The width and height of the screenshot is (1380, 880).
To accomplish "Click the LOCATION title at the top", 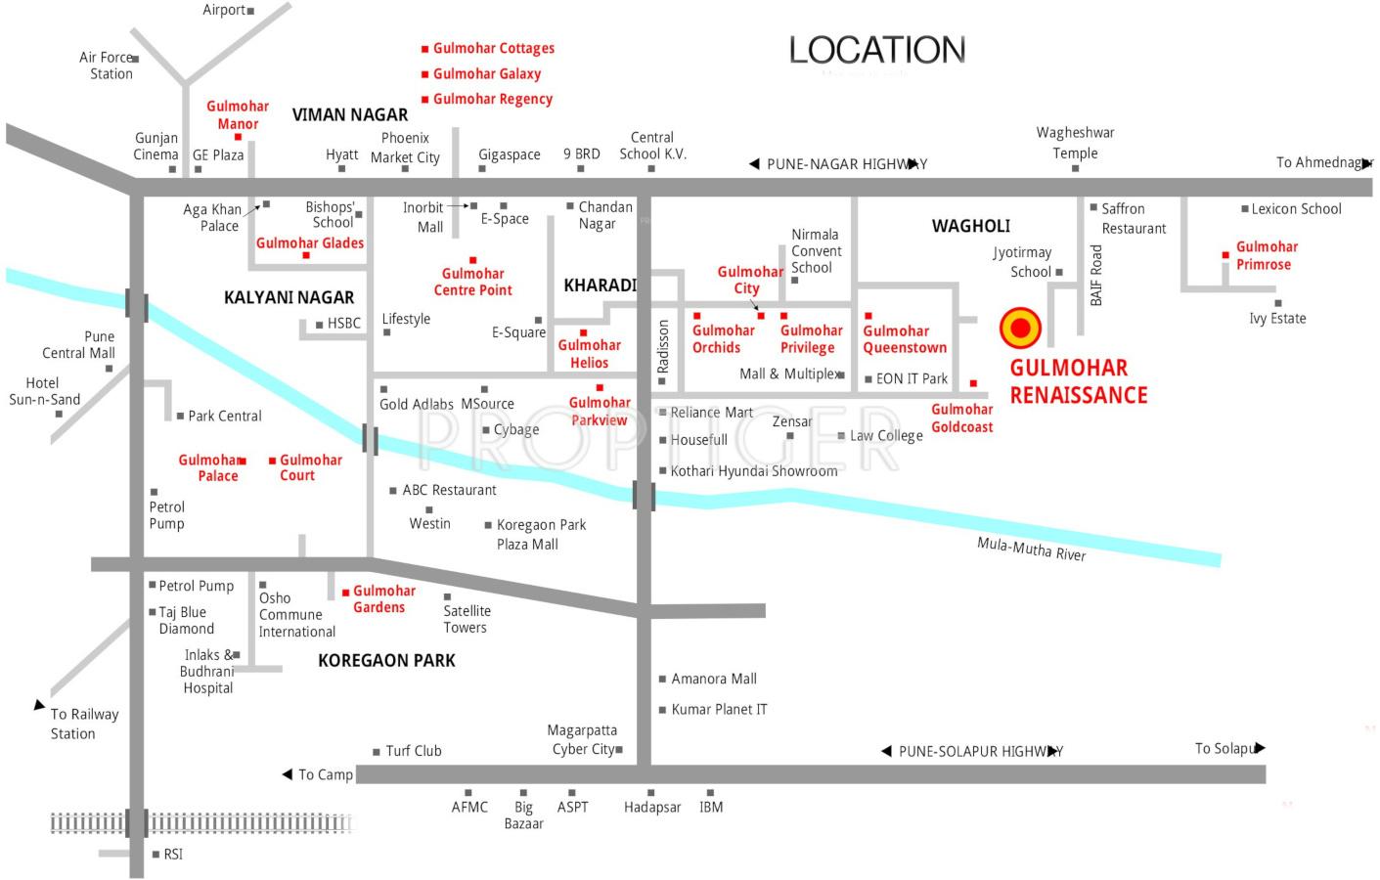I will (877, 50).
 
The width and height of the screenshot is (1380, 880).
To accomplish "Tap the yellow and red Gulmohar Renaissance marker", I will (1020, 328).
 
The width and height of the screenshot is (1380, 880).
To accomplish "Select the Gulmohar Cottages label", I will (493, 48).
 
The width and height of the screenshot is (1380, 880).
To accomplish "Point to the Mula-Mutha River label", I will (1031, 549).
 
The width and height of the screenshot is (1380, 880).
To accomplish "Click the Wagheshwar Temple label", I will (1075, 143).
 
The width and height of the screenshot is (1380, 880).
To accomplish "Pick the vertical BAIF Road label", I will (1096, 275).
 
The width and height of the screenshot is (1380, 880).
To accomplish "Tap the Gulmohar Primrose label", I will (1266, 255).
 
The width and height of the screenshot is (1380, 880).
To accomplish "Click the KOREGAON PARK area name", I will (386, 661).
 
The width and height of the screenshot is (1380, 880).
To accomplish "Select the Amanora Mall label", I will (713, 679).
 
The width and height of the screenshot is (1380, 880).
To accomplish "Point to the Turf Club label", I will (413, 751).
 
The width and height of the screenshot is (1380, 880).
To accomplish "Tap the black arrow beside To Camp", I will (288, 774).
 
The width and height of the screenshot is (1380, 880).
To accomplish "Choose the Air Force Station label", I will (107, 66).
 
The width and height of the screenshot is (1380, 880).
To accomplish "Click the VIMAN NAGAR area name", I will (350, 114).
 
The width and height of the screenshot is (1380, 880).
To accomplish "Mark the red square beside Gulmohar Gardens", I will (345, 593).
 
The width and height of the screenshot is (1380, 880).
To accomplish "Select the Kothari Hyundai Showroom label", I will (753, 471).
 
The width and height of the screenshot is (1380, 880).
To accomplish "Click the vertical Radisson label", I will (663, 346).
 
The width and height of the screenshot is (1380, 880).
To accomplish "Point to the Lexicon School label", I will (1296, 208).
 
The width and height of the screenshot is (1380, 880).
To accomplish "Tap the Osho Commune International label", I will (295, 615).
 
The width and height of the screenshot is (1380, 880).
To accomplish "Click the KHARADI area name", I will (600, 286).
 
